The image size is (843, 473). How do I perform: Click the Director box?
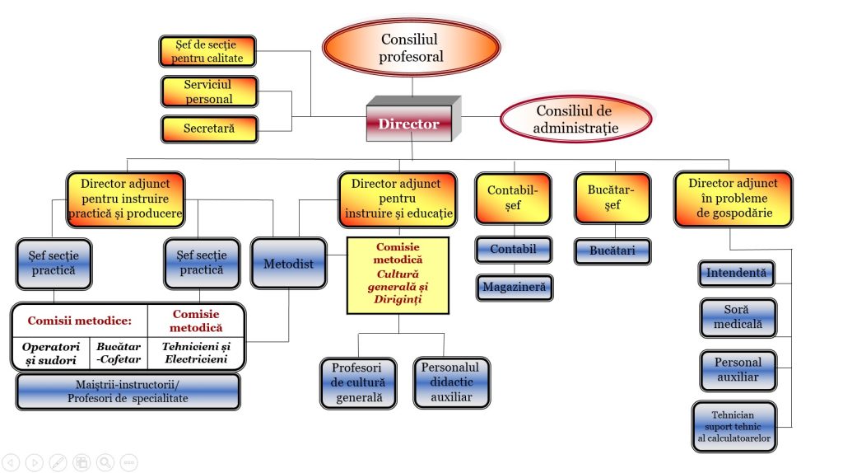pyautogui.click(x=409, y=124)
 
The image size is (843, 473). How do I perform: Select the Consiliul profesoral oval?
pyautogui.click(x=412, y=49)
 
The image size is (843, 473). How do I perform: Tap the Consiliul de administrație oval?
pyautogui.click(x=575, y=119)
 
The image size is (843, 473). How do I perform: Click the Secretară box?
pyautogui.click(x=209, y=129)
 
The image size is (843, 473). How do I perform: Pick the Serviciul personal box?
pyautogui.click(x=208, y=91)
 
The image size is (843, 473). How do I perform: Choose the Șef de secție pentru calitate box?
pyautogui.click(x=207, y=51)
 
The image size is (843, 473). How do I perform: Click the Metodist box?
pyautogui.click(x=287, y=263)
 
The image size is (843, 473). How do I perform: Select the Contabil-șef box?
pyautogui.click(x=512, y=198)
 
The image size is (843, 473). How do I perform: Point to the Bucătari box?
pyautogui.click(x=612, y=251)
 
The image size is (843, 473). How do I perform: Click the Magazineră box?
pyautogui.click(x=514, y=288)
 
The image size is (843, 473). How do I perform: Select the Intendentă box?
pyautogui.click(x=735, y=273)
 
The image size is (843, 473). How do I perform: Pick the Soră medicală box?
pyautogui.click(x=738, y=317)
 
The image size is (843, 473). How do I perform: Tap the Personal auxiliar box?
pyautogui.click(x=738, y=370)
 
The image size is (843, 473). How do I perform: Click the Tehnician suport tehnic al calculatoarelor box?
pyautogui.click(x=733, y=426)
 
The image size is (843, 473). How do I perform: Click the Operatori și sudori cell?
pyautogui.click(x=49, y=354)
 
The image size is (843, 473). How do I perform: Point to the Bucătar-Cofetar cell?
pyautogui.click(x=118, y=354)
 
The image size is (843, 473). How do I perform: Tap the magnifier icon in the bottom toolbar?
pyautogui.click(x=105, y=462)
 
